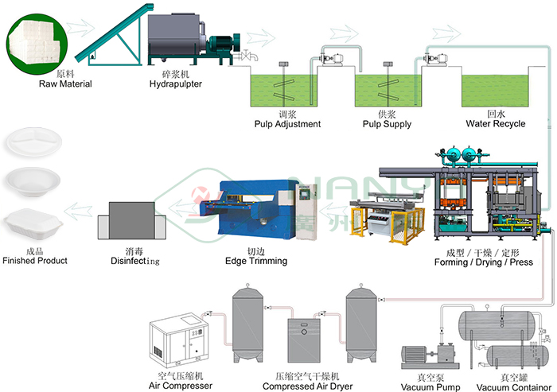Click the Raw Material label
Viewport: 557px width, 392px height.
click(65, 83)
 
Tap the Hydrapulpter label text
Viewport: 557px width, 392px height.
click(176, 84)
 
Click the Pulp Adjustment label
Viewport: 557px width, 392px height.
click(287, 124)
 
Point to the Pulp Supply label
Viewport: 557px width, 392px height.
click(387, 124)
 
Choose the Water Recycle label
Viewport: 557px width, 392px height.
click(496, 123)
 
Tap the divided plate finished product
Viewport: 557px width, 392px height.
click(33, 142)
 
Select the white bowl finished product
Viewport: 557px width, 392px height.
click(33, 181)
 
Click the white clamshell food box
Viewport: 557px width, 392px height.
click(33, 223)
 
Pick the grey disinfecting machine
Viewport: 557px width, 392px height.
click(132, 220)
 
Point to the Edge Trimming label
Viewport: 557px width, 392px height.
click(256, 261)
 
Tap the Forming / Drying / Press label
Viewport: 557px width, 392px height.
click(484, 262)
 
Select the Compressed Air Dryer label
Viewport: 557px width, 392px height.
click(308, 386)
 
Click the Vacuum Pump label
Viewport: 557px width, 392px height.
click(430, 386)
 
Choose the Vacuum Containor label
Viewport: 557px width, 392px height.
click(514, 387)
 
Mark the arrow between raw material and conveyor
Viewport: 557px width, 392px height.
click(80, 28)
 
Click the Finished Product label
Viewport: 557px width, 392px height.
click(35, 261)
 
